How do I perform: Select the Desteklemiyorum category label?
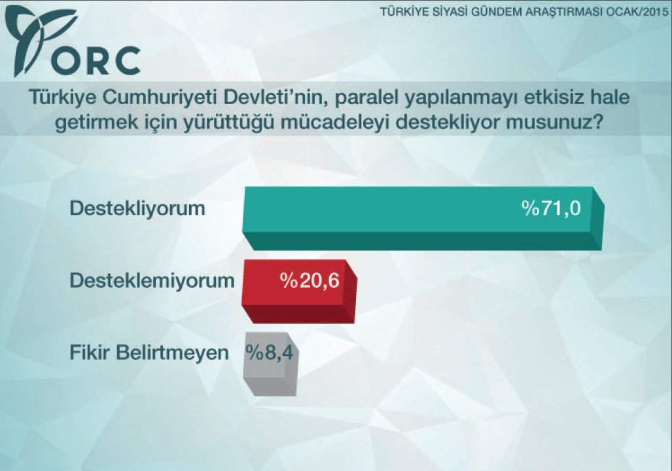pos(152,281)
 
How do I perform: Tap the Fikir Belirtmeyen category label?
pos(149,353)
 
